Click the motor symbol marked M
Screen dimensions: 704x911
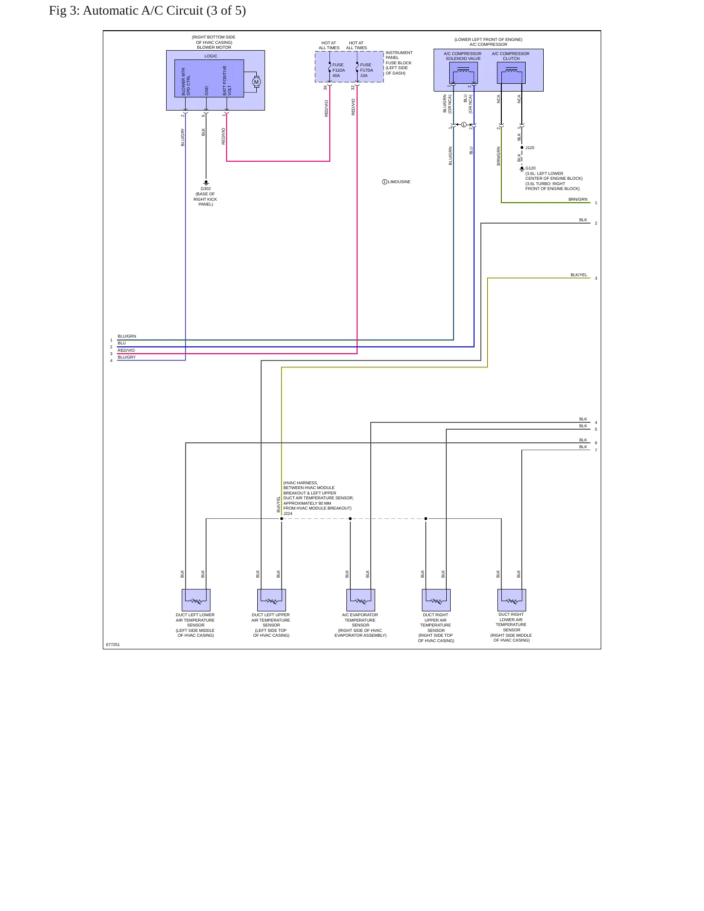point(256,82)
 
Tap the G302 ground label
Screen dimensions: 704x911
point(206,189)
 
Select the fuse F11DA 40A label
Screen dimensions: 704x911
point(339,70)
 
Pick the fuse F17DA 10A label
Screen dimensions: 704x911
point(366,70)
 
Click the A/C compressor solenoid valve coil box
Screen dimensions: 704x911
point(463,73)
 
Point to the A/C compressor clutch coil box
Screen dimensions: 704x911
point(511,73)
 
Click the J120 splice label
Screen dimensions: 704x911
point(530,148)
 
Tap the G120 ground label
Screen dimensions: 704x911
point(531,168)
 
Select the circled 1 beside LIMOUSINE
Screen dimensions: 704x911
point(384,182)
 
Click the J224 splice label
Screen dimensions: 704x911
point(288,513)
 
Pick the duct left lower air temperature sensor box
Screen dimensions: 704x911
point(196,600)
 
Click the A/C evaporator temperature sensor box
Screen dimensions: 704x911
point(361,600)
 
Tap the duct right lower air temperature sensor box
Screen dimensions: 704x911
point(512,600)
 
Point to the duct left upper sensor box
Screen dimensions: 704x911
point(271,600)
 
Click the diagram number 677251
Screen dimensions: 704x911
point(113,645)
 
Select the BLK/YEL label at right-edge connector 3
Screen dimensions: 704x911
point(579,275)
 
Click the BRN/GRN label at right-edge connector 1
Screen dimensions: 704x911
point(578,199)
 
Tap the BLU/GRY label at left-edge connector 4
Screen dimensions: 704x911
point(127,357)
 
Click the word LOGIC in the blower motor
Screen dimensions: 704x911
point(211,56)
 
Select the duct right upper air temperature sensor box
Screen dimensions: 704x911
point(436,600)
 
